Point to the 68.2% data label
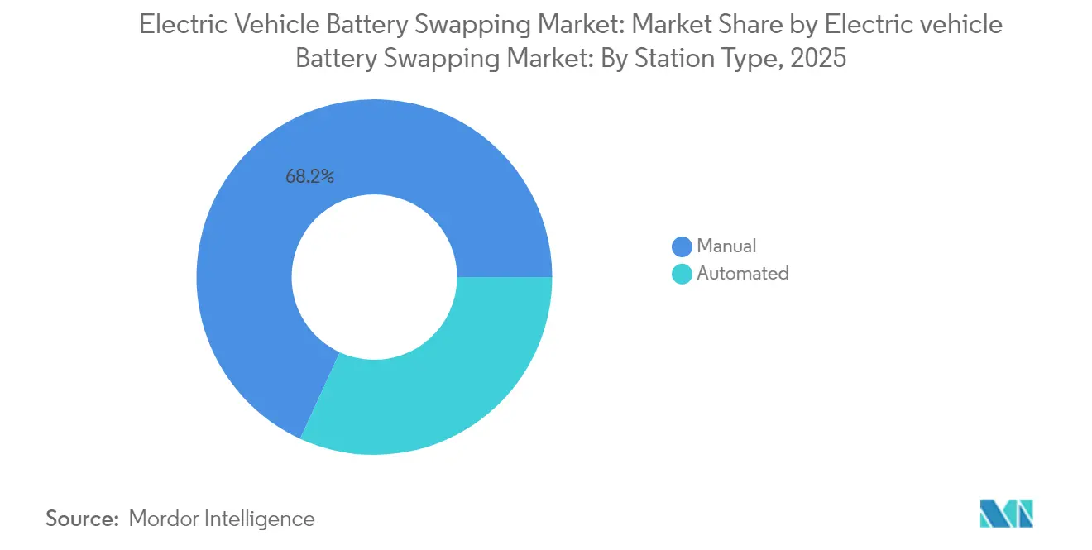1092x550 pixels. (309, 175)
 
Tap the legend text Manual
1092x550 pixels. (726, 246)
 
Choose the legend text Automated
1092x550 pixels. (742, 273)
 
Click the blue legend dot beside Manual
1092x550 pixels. (682, 246)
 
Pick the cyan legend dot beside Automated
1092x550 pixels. (682, 274)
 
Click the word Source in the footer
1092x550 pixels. (82, 519)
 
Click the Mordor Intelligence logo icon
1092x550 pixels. (1006, 514)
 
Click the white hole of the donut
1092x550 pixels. (374, 277)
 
